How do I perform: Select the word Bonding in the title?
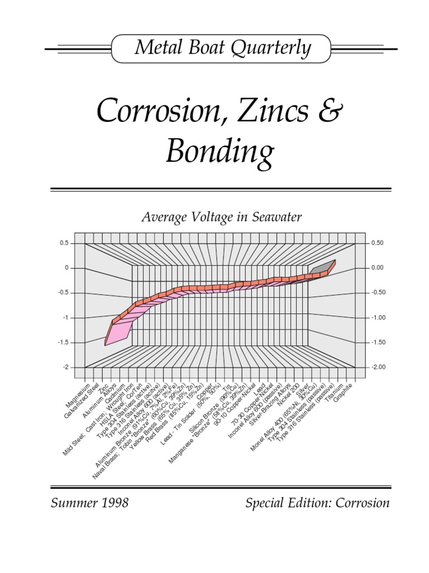point(221,152)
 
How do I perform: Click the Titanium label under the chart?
point(335,391)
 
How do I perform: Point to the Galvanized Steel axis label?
point(83,398)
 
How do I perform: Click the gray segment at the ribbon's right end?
point(321,268)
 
